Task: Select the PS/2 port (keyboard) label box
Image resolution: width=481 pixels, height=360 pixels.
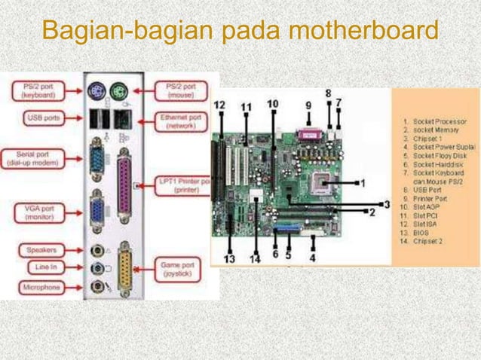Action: tap(36, 91)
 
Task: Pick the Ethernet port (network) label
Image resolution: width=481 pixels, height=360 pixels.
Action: tap(181, 122)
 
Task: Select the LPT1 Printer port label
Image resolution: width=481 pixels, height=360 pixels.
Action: tap(181, 185)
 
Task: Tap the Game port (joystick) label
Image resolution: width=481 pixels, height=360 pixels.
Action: tap(180, 270)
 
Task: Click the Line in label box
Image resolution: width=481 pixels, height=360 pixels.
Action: tap(39, 268)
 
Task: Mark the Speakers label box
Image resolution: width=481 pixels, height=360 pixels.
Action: tap(38, 249)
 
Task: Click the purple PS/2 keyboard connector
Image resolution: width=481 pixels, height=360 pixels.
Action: tap(95, 91)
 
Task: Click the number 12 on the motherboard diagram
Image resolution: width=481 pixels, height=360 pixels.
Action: tap(219, 106)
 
